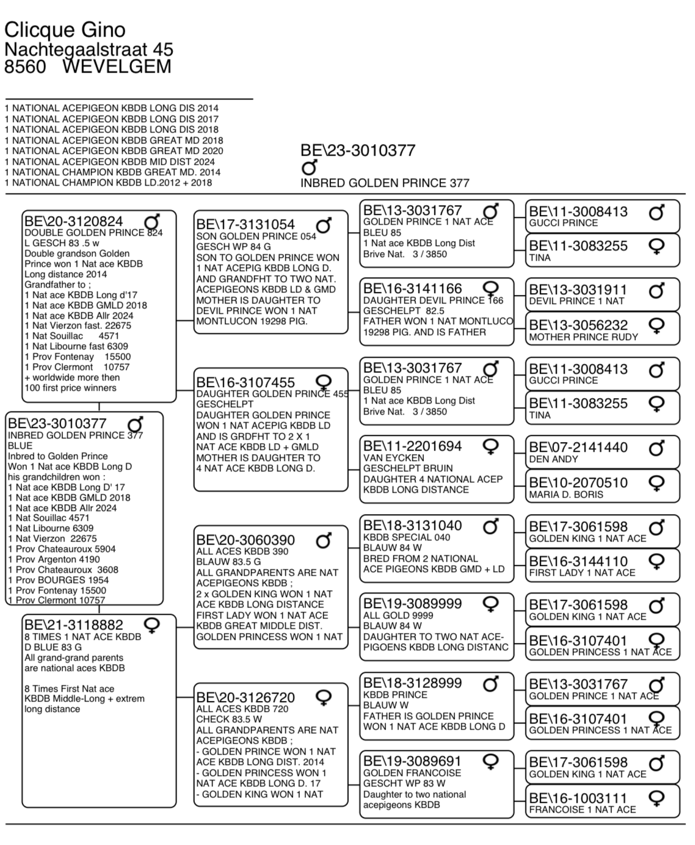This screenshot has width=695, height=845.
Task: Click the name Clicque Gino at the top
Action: (65, 29)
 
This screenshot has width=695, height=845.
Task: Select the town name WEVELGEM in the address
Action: (117, 67)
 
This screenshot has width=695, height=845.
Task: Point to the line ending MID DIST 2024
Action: (110, 161)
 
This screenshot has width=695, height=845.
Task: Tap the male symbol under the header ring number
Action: (310, 167)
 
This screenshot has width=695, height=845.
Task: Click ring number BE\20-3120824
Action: (73, 221)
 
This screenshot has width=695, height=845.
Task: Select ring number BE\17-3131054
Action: (246, 225)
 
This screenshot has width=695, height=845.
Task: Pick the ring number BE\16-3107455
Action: (246, 382)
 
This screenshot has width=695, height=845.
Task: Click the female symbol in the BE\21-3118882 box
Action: (151, 625)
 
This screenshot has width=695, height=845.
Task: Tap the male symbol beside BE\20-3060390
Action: (324, 540)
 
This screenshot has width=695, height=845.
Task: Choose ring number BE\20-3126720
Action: (246, 697)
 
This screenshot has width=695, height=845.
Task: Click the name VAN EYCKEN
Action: (393, 458)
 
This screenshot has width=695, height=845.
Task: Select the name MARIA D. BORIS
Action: (566, 495)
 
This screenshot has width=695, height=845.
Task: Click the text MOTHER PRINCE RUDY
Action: (583, 337)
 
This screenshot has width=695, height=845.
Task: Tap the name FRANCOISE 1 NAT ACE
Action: (582, 810)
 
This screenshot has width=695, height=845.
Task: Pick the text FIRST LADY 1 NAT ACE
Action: (582, 573)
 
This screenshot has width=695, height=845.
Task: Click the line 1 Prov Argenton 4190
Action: (54, 559)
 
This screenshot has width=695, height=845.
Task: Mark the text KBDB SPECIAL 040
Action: (407, 537)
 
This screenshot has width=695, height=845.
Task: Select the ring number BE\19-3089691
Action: (412, 761)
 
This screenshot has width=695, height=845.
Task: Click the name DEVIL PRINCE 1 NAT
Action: (577, 301)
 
